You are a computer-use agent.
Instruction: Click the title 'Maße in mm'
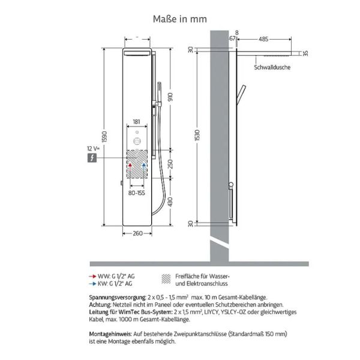pyautogui.click(x=180, y=19)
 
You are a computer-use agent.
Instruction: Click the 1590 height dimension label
pyautogui.click(x=104, y=137)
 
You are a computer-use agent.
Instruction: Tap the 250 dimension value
pyautogui.click(x=170, y=164)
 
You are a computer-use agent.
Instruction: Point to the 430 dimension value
pyautogui.click(x=170, y=202)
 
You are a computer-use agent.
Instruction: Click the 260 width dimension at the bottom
pyautogui.click(x=138, y=233)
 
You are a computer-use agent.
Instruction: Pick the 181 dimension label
pyautogui.click(x=136, y=122)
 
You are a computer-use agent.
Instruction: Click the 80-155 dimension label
pyautogui.click(x=137, y=193)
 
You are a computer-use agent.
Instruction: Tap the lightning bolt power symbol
pyautogui.click(x=92, y=158)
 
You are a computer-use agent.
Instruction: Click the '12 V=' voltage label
pyautogui.click(x=94, y=148)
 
